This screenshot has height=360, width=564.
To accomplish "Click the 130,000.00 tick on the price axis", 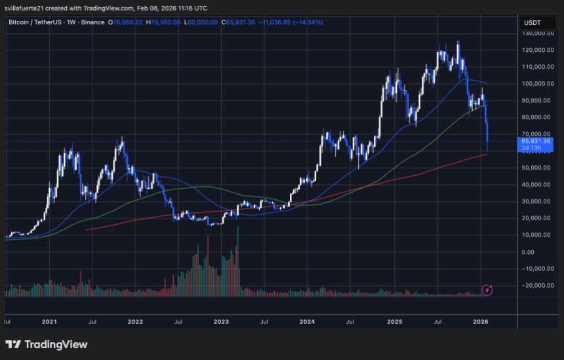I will [x=536, y=33].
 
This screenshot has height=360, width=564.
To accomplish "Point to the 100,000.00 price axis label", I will [x=536, y=83].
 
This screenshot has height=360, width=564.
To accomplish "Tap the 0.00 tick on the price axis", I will [x=529, y=252].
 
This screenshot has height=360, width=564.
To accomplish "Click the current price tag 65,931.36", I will [x=536, y=140].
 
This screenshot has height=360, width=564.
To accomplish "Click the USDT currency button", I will [x=531, y=22].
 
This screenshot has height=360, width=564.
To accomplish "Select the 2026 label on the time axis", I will [x=481, y=322].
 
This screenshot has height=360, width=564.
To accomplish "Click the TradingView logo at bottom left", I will [x=46, y=344].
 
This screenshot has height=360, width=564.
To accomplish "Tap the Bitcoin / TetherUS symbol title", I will [x=36, y=22].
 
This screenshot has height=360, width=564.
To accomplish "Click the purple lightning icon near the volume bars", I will [x=487, y=289].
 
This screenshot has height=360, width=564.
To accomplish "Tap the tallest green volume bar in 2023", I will [x=237, y=262].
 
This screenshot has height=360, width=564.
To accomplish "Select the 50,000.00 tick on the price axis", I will [x=536, y=168].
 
